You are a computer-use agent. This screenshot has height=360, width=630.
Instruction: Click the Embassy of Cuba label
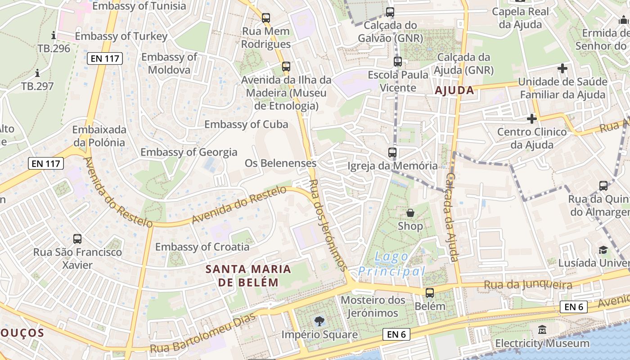pos(246,125)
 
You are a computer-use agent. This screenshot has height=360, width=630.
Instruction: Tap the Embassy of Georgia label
pos(189,152)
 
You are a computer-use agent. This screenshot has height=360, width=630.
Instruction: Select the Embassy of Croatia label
pos(202,247)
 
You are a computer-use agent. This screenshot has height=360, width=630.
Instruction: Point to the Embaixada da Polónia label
pos(99,136)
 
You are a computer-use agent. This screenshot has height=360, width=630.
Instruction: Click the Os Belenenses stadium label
pos(280,163)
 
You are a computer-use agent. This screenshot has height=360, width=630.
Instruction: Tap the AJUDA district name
pos(454,90)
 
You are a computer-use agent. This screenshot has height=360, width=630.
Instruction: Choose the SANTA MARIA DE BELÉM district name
pos(248,275)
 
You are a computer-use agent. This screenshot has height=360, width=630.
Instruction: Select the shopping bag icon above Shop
pos(410,213)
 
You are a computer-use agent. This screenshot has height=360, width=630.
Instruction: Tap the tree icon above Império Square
pos(319,321)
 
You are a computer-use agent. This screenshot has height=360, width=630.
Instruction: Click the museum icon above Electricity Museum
pos(542,330)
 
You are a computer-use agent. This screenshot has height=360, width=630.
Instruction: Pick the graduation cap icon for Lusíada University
pos(603,250)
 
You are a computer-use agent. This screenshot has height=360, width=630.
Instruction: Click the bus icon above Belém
pos(430,293)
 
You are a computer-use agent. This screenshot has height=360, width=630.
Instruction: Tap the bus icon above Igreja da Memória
pos(392,153)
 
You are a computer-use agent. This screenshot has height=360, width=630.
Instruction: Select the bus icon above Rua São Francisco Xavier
pos(77,238)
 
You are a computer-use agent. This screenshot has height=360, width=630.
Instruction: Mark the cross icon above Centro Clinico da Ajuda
pos(531,119)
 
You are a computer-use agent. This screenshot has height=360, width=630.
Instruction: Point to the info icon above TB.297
pos(37,73)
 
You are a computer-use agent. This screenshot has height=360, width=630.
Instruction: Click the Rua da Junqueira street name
pos(527,284)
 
